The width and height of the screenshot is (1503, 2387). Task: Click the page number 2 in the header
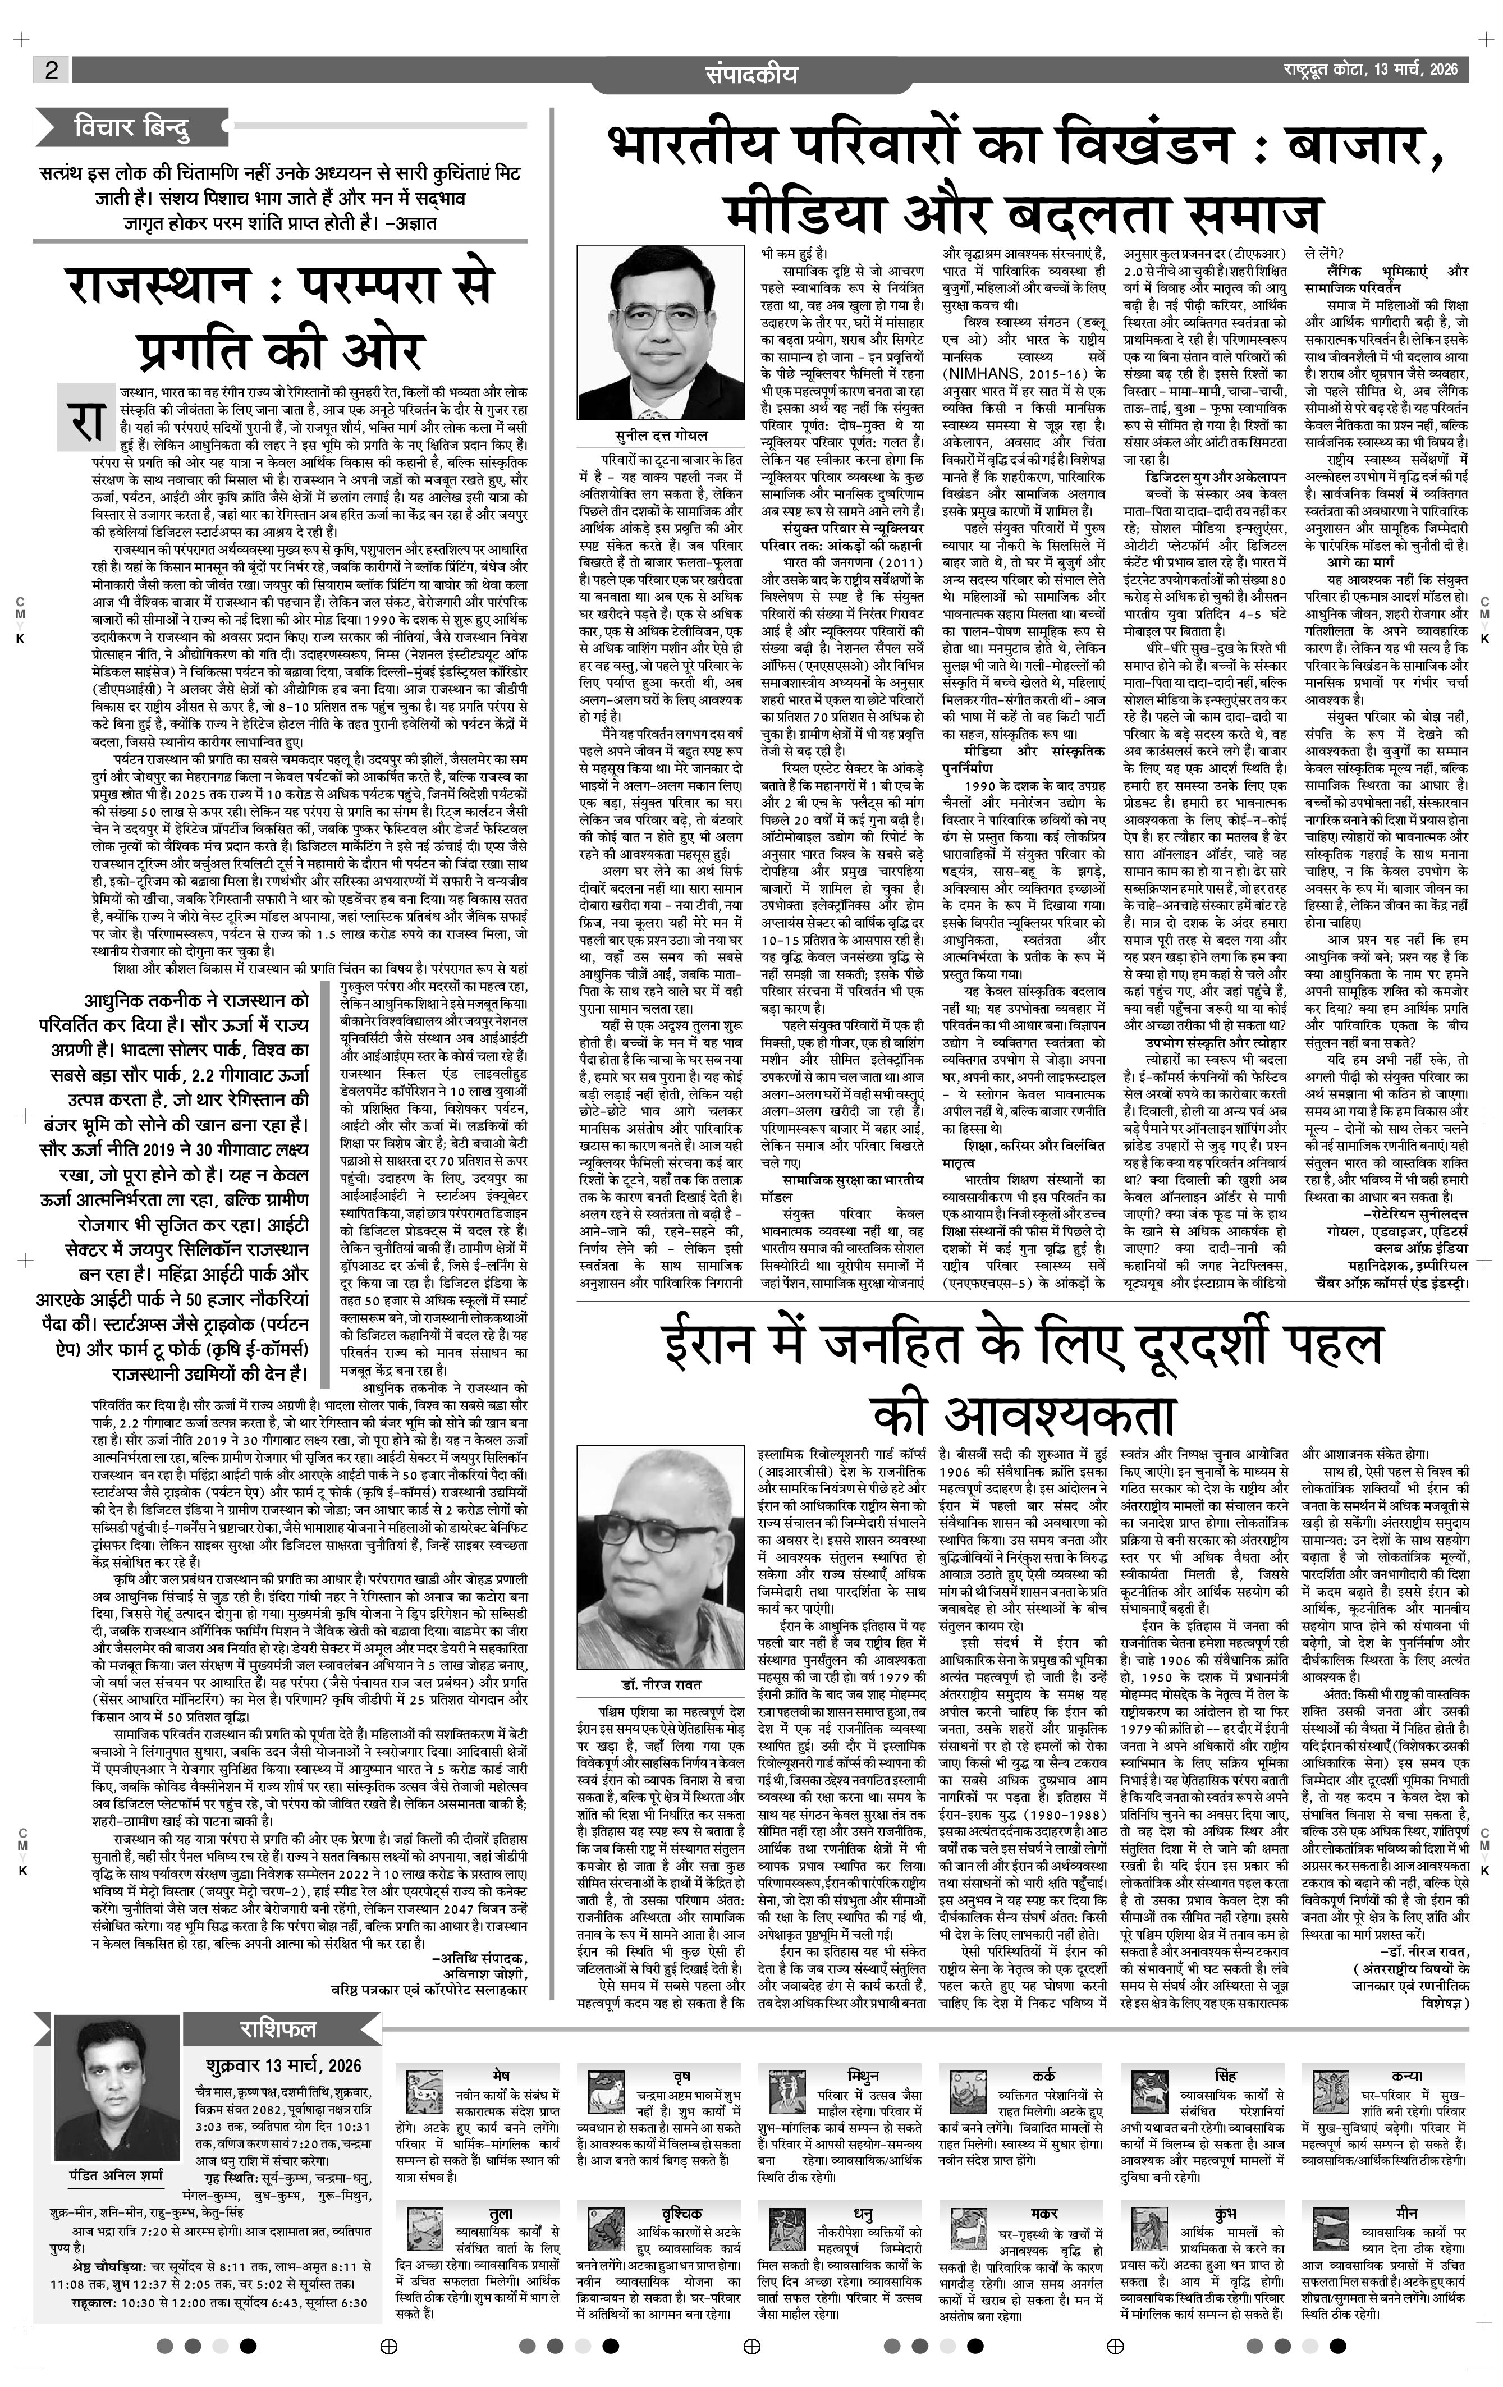click(x=51, y=70)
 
